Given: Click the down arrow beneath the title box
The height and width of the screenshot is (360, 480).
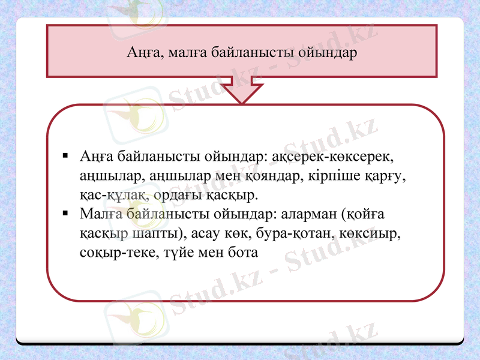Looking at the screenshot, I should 242,91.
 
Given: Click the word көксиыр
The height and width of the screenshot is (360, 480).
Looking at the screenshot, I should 373,233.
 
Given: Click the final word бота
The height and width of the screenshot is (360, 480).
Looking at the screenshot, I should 242,253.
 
